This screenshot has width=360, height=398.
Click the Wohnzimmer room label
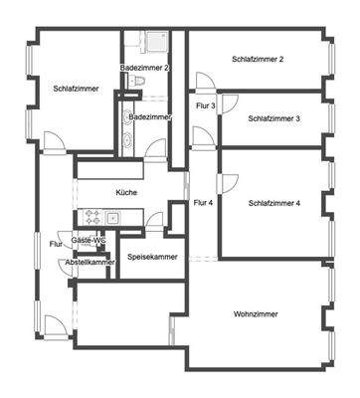pyautogui.click(x=257, y=314)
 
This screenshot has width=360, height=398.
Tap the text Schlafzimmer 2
pyautogui.click(x=258, y=60)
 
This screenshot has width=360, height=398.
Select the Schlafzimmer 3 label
pyautogui.click(x=274, y=118)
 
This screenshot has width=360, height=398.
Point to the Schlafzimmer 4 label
pyautogui.click(x=274, y=203)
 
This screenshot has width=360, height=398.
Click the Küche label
pyautogui.click(x=126, y=192)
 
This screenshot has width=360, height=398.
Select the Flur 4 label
pyautogui.click(x=203, y=203)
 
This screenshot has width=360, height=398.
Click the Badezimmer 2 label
pyautogui.click(x=144, y=68)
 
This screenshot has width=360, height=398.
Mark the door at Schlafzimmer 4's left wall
pyautogui.click(x=228, y=182)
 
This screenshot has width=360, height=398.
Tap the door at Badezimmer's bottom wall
pyautogui.click(x=156, y=148)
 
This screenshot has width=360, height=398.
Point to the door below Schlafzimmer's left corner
pyautogui.click(x=56, y=143)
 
